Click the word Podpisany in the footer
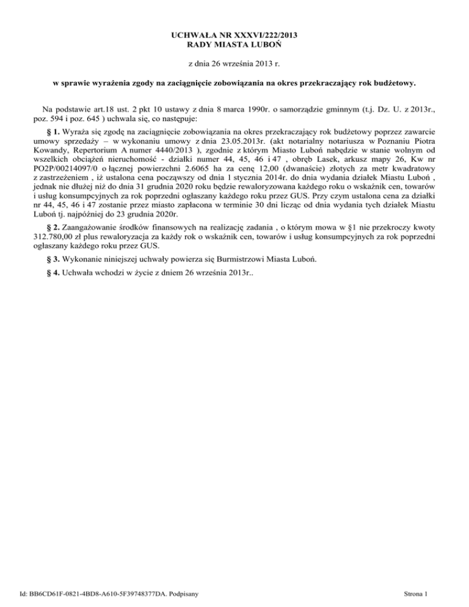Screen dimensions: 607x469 point(189,593)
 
